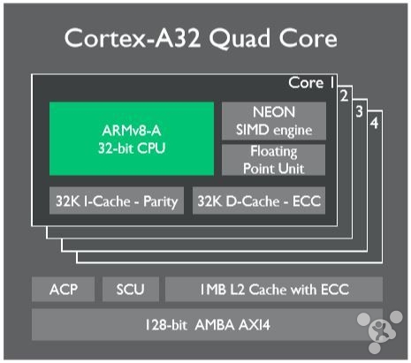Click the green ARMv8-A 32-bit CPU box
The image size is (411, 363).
(x=132, y=139)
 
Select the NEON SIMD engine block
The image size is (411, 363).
(x=274, y=121)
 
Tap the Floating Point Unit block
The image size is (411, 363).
(x=274, y=160)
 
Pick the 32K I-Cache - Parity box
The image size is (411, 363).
(x=117, y=200)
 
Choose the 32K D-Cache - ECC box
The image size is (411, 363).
(x=259, y=200)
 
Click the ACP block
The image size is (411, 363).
(x=64, y=289)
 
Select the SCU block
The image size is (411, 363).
(x=131, y=289)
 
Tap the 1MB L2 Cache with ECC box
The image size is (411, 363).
(x=274, y=289)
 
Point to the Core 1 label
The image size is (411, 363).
(x=311, y=83)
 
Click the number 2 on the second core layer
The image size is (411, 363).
(x=344, y=96)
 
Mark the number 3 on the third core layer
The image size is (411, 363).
(x=359, y=111)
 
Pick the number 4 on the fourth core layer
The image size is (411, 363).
(x=374, y=123)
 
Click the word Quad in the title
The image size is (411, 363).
(x=240, y=39)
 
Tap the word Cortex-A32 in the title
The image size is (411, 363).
(x=133, y=38)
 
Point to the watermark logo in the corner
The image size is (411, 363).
(x=380, y=331)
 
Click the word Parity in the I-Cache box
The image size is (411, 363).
(x=161, y=202)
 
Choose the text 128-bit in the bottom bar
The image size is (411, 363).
(x=166, y=325)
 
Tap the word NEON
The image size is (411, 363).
(x=274, y=112)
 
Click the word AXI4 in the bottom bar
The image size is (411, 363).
(x=255, y=325)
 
